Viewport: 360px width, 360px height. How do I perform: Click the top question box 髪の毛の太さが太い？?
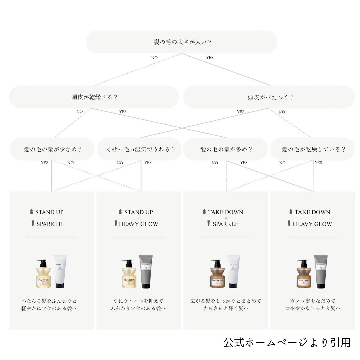pyautogui.click(x=182, y=42)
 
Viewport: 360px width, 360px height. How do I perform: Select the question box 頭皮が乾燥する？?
pyautogui.click(x=94, y=97)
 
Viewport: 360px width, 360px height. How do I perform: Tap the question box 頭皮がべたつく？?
pyautogui.click(x=269, y=97)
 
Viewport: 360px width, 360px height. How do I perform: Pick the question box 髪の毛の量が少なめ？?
pyautogui.click(x=52, y=149)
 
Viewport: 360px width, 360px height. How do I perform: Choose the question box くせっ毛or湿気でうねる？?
pyautogui.click(x=139, y=149)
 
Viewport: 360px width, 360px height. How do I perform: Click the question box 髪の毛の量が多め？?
pyautogui.click(x=226, y=149)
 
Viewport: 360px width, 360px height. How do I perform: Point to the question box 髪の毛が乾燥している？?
pyautogui.click(x=313, y=149)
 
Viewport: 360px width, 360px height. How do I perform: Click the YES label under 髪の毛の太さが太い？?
pyautogui.click(x=210, y=58)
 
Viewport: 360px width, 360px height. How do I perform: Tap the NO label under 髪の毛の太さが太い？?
pyautogui.click(x=154, y=58)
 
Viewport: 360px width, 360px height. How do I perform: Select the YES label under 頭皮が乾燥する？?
pyautogui.click(x=123, y=112)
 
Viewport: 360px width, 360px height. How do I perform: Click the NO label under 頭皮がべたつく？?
pyautogui.click(x=282, y=112)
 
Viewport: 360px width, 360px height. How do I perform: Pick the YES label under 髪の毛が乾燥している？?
pyautogui.click(x=318, y=163)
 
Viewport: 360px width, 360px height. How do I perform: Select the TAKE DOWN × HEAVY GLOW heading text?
pyautogui.click(x=312, y=218)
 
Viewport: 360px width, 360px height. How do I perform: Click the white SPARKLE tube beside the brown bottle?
pyautogui.click(x=233, y=272)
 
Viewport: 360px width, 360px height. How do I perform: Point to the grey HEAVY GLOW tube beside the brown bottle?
pyautogui.click(x=320, y=272)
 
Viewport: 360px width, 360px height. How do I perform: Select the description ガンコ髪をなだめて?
pyautogui.click(x=313, y=301)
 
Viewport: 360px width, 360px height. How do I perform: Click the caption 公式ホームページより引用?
pyautogui.click(x=287, y=342)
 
